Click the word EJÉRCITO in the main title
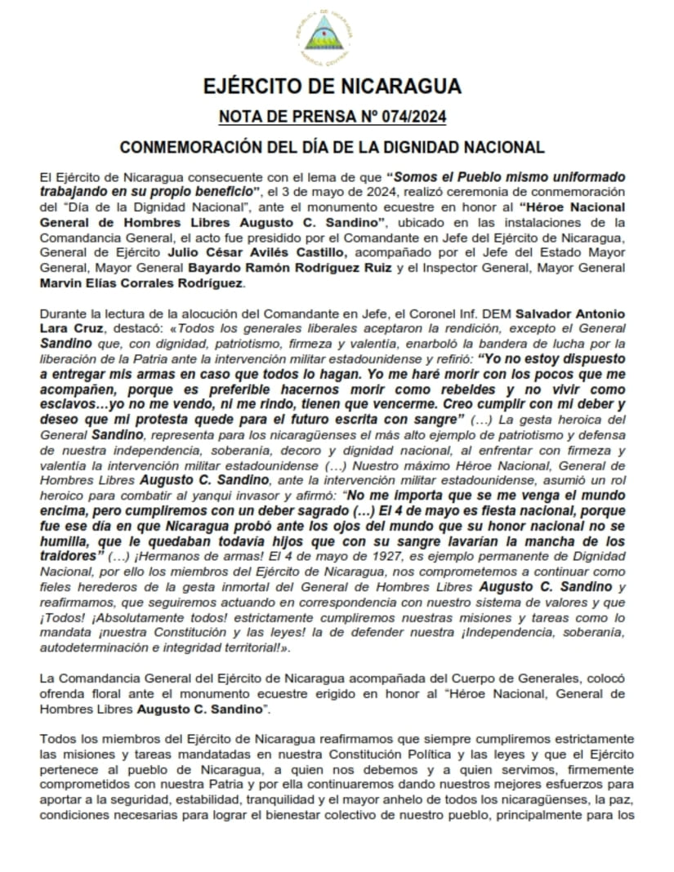(258, 87)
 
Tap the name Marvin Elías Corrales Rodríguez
(141, 283)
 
